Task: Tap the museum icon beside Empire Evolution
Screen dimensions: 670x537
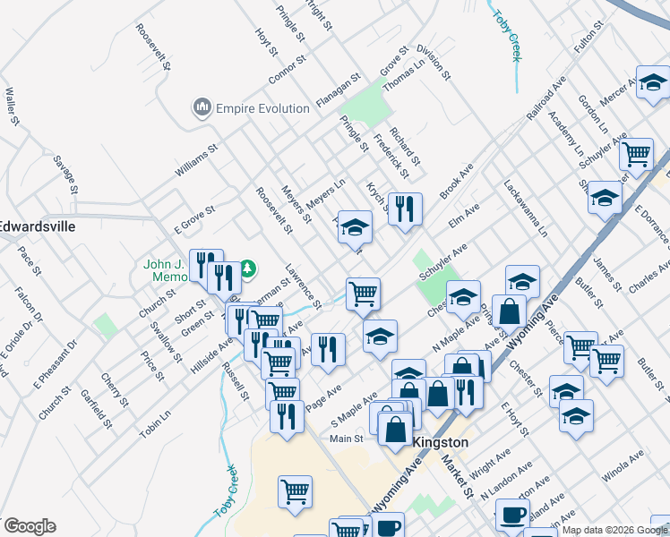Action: point(202,108)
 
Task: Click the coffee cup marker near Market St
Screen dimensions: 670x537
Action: point(513,515)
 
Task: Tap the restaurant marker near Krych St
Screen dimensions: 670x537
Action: point(405,209)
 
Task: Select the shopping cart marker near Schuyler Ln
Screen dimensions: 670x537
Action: point(636,153)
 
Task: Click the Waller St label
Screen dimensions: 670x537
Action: point(12,107)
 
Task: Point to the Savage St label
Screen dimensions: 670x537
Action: point(65,171)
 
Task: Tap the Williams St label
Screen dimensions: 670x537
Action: point(197,162)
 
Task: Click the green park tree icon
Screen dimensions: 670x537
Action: point(250,267)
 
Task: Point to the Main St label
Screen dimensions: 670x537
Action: point(346,439)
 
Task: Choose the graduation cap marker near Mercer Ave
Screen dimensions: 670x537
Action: point(653,82)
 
